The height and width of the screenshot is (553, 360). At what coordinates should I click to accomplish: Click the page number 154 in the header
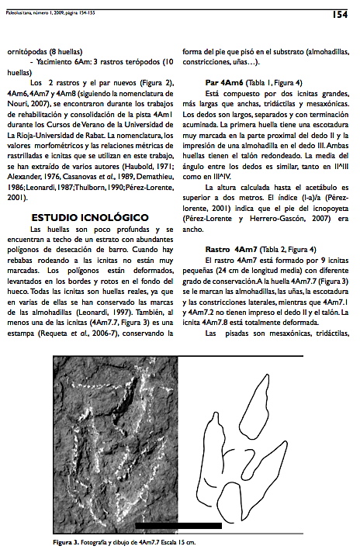click(340, 13)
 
